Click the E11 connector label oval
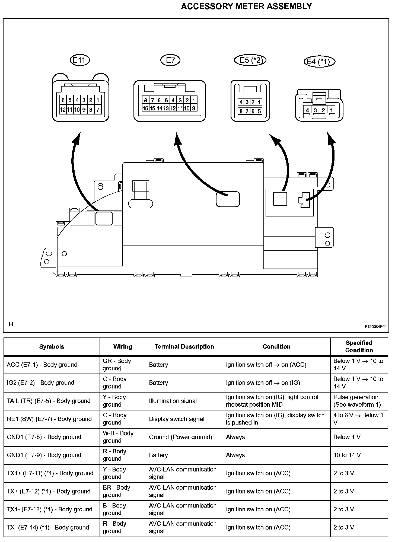click(79, 60)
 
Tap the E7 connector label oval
click(170, 60)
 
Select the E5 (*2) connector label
click(250, 60)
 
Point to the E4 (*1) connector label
click(319, 62)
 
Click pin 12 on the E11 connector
click(63, 110)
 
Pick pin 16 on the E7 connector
click(145, 109)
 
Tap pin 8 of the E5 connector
click(241, 111)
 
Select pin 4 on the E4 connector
click(307, 110)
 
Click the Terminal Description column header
click(184, 346)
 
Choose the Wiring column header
click(123, 346)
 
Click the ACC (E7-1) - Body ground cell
click(42, 365)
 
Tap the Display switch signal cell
click(177, 419)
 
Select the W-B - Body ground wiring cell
click(118, 437)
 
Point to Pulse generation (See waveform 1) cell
click(357, 401)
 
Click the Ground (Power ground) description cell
click(180, 437)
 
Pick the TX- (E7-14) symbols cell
click(48, 527)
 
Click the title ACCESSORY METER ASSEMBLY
click(246, 7)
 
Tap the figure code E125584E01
click(375, 327)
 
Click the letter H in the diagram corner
click(11, 324)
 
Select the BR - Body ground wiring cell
click(116, 491)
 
